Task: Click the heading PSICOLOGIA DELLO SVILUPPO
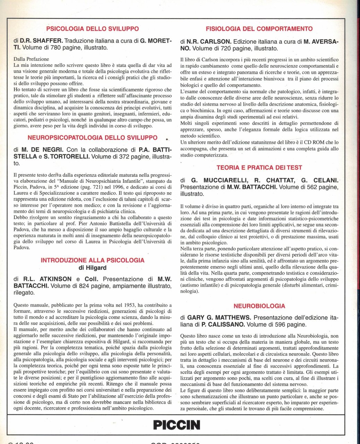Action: pyautogui.click(x=93, y=29)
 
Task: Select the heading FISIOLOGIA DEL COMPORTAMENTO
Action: pyautogui.click(x=259, y=29)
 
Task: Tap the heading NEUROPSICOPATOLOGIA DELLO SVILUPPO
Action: pyautogui.click(x=93, y=138)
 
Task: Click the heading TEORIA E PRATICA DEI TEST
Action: pyautogui.click(x=259, y=168)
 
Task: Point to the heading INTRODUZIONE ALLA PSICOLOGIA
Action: pyautogui.click(x=93, y=260)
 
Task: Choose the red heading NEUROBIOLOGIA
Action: pyautogui.click(x=259, y=306)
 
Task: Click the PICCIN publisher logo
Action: pyautogui.click(x=177, y=425)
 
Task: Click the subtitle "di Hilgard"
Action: pyautogui.click(x=93, y=268)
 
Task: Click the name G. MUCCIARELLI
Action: pyautogui.click(x=217, y=180)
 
